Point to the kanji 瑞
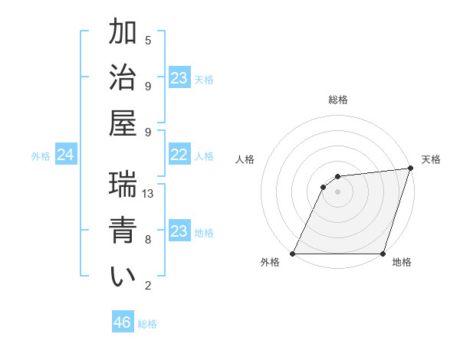click(x=123, y=185)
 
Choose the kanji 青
click(x=123, y=231)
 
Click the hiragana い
click(x=123, y=277)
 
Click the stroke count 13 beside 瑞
click(x=149, y=194)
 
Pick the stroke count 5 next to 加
click(x=148, y=40)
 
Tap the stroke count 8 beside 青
click(x=148, y=240)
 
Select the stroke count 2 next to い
click(x=148, y=286)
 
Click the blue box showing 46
click(x=123, y=322)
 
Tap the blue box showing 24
click(x=65, y=155)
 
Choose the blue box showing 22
click(x=179, y=155)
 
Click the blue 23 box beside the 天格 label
click(x=179, y=78)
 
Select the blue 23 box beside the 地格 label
click(x=179, y=231)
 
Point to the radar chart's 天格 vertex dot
click(x=411, y=169)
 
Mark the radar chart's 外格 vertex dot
click(x=293, y=254)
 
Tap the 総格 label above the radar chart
click(x=338, y=100)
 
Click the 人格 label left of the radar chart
click(x=245, y=159)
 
